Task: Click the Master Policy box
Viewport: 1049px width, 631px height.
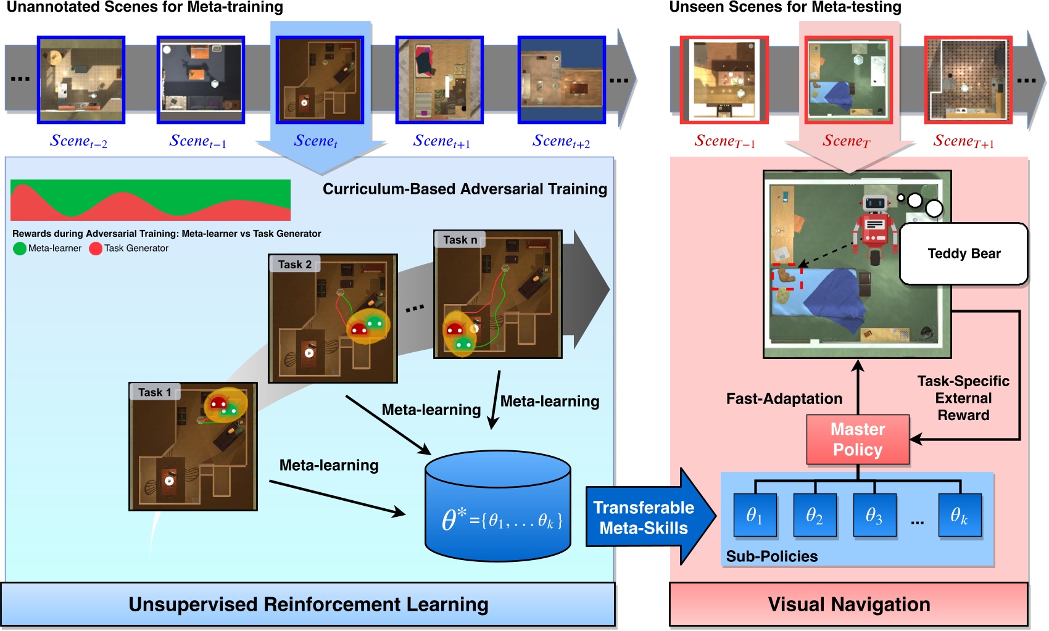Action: [858, 439]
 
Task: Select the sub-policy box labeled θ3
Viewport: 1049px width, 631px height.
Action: [874, 516]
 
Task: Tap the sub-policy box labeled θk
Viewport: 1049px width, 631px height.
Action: [959, 516]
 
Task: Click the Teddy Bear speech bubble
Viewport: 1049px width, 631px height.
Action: [964, 254]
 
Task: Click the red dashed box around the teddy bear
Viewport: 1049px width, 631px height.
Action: [787, 277]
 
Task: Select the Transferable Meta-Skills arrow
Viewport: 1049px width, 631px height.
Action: [645, 518]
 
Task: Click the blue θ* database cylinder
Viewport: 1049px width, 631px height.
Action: [498, 506]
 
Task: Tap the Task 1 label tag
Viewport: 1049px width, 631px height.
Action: [154, 392]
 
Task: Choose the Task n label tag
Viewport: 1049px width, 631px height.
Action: [460, 239]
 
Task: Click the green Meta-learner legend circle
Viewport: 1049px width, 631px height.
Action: [20, 249]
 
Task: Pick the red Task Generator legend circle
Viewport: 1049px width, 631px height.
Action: [96, 249]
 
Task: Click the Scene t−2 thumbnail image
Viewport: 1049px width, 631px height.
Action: [81, 80]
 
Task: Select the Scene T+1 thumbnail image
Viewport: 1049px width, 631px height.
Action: [968, 80]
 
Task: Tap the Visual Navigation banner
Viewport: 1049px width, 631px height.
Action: [848, 604]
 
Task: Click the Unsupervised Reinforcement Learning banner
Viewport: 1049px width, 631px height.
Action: [308, 604]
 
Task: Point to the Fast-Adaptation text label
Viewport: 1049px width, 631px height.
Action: [784, 398]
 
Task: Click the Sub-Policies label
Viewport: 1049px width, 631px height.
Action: [771, 556]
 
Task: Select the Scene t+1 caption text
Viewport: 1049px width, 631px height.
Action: [441, 142]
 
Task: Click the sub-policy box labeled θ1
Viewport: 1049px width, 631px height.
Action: [755, 516]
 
